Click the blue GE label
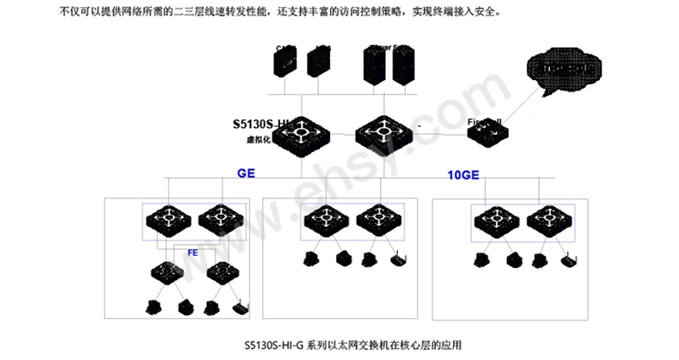point(246,173)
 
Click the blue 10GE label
point(462,175)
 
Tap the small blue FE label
point(193,252)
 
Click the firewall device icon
point(486,133)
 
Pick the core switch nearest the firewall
point(384,131)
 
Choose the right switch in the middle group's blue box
point(376,219)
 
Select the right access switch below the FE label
point(221,273)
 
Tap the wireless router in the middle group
point(397,259)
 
